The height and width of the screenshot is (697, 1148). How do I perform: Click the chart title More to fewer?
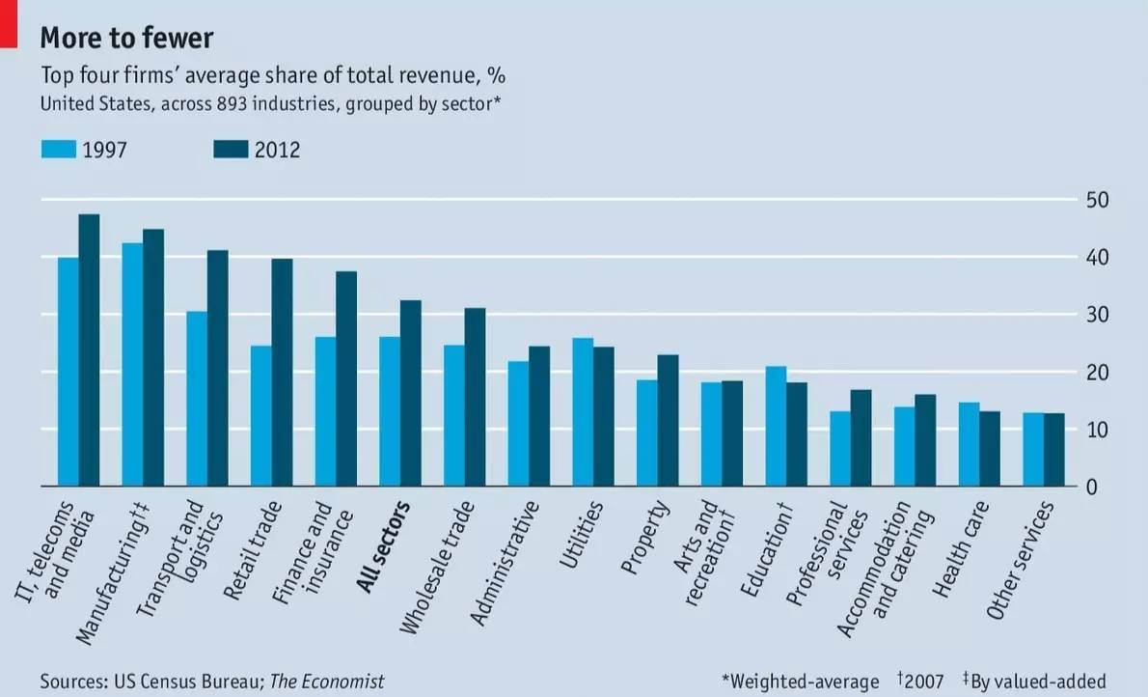[126, 38]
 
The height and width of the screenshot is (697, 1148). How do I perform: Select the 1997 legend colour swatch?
[58, 150]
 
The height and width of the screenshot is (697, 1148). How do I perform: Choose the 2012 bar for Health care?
[990, 449]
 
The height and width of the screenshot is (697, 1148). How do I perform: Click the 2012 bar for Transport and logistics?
[218, 368]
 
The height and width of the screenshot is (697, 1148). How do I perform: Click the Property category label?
[645, 539]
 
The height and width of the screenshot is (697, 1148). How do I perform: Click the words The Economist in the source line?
[326, 682]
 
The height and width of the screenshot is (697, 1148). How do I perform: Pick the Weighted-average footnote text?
[801, 682]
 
